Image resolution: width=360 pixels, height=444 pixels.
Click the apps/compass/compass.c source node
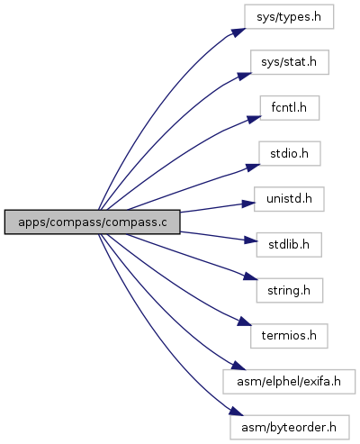click(92, 222)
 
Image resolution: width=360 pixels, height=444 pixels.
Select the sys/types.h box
click(289, 17)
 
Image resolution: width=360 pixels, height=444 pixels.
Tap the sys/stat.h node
click(290, 62)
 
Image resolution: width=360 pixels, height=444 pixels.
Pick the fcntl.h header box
click(290, 108)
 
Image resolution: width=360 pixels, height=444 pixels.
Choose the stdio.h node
click(290, 154)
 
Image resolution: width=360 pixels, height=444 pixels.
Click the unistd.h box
click(289, 199)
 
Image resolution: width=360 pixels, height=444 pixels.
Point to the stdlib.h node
click(289, 245)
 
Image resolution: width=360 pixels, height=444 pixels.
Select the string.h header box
click(290, 290)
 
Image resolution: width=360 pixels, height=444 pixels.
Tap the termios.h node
click(289, 336)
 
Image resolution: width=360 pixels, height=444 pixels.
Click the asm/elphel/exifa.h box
click(289, 382)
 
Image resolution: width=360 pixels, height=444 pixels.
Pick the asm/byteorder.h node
click(290, 427)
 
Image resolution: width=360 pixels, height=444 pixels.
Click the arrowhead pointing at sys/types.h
click(238, 32)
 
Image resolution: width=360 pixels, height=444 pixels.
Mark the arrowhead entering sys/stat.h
click(244, 77)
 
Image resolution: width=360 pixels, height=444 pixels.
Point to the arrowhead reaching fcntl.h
click(254, 119)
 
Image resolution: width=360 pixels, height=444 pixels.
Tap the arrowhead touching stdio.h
click(253, 168)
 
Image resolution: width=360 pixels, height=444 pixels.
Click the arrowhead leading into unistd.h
click(248, 204)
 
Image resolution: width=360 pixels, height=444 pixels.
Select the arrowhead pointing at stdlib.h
click(250, 240)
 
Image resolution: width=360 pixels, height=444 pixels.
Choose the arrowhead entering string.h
click(250, 276)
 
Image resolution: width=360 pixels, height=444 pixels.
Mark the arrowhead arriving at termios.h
click(245, 322)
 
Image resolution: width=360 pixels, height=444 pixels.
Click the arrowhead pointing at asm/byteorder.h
click(237, 412)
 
